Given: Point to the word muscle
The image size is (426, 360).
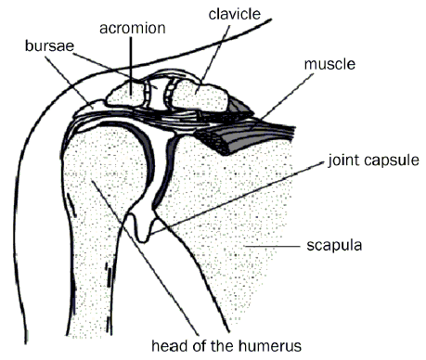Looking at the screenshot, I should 329,66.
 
